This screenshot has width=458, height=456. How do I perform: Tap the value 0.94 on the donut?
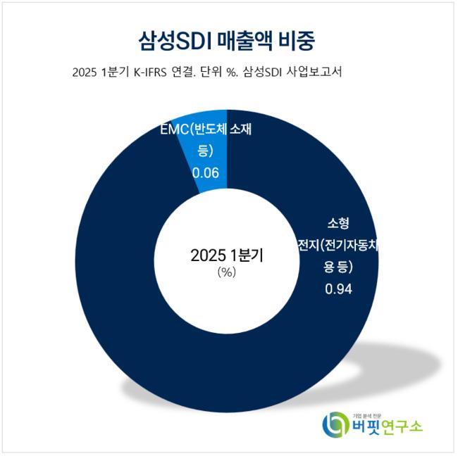tap(338, 289)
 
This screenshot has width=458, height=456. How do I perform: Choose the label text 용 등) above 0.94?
tap(338, 267)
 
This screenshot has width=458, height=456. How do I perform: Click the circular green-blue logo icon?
tap(335, 424)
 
